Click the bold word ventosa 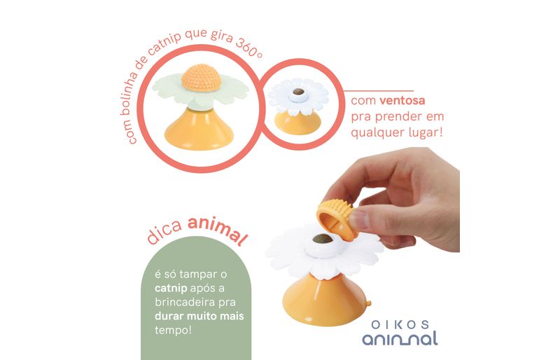pos(402,100)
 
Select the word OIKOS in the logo pos(400,324)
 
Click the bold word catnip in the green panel pos(171,288)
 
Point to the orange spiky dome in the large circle pos(201,78)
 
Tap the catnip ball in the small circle pos(298,92)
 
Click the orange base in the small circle pos(297,123)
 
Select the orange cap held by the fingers pos(337,219)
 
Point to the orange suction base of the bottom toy pos(325,300)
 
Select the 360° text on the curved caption pos(249,47)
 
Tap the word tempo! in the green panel pos(174,330)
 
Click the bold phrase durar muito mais pos(199,316)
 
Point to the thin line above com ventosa pos(379,91)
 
